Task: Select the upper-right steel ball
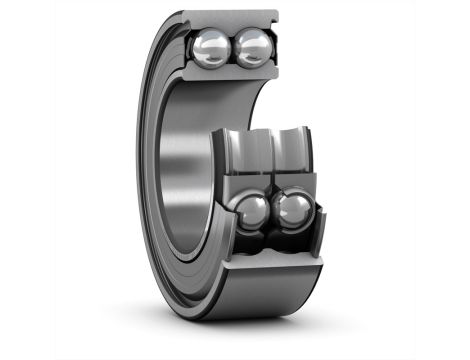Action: [253, 47]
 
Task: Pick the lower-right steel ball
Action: [294, 211]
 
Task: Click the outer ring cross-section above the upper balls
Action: [235, 19]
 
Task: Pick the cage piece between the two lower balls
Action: [272, 212]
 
